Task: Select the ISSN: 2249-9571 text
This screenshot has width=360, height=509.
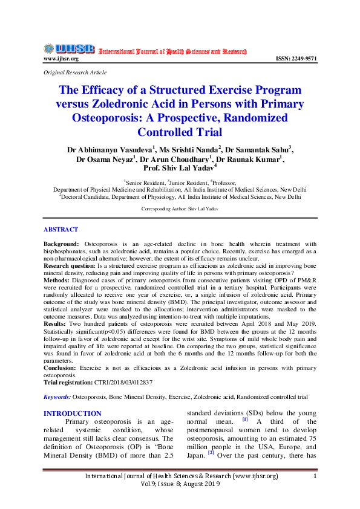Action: pos(296,59)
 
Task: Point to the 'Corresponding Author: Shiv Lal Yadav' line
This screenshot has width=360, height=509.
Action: pos(180,209)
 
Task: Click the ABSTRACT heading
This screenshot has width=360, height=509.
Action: pos(61,230)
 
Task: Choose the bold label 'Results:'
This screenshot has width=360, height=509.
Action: pos(56,324)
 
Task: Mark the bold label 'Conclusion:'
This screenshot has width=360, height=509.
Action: pos(62,368)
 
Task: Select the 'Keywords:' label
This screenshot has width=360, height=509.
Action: pos(57,397)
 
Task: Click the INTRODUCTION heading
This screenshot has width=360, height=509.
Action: pos(73,413)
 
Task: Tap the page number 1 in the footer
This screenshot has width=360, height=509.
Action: pos(315,476)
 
